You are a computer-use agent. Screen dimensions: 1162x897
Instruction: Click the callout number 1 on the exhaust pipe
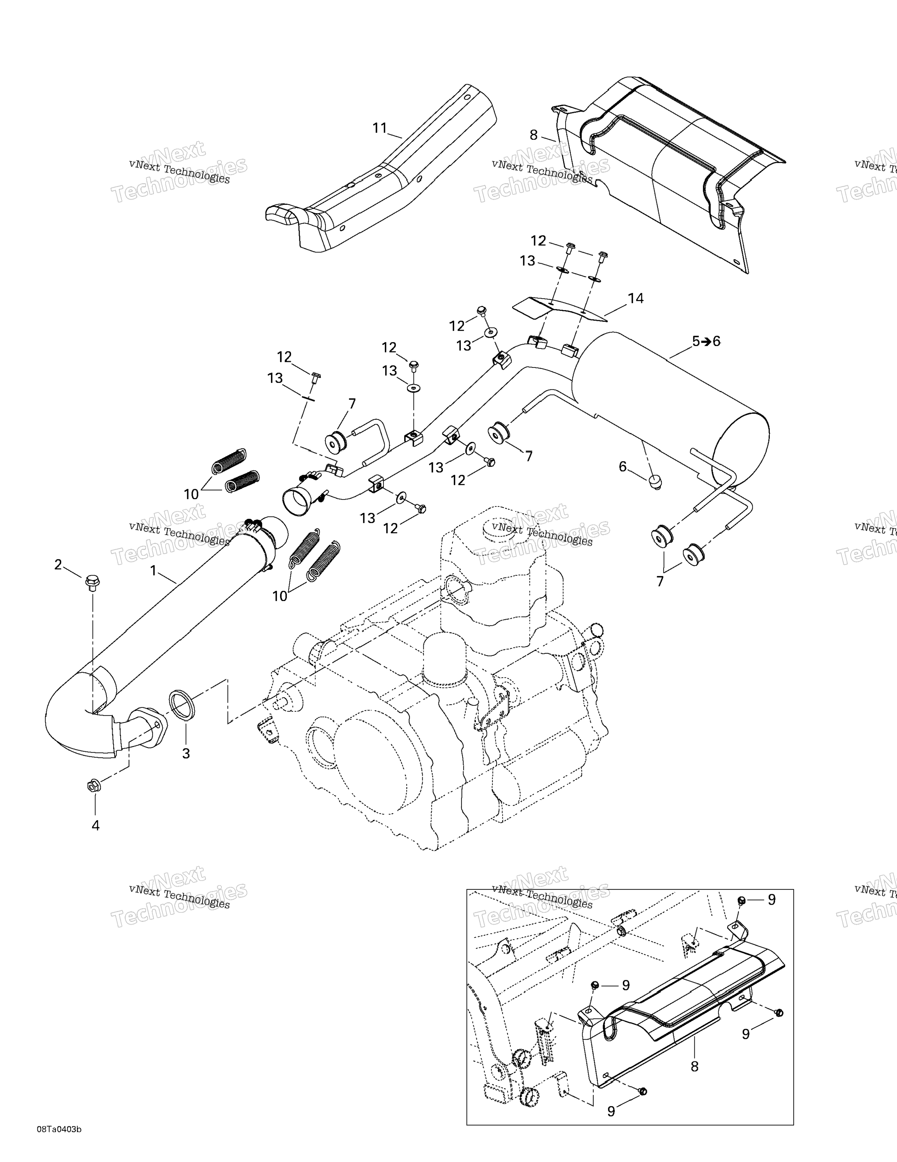pos(154,571)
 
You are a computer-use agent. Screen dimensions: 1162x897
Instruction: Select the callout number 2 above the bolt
pos(58,565)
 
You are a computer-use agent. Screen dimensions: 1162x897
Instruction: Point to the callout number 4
pos(96,825)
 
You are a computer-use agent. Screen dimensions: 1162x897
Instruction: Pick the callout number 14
pos(635,299)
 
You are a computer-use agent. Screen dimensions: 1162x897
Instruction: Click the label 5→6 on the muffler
pos(706,341)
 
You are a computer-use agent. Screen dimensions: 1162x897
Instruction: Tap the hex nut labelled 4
pos(92,785)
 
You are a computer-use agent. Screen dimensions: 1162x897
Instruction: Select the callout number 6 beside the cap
pos(623,467)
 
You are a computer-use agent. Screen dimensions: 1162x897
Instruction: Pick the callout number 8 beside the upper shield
pos(534,135)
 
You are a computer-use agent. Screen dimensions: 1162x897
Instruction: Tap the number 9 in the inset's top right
pos(772,900)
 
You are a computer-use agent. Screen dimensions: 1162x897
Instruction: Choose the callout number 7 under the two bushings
pos(660,582)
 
